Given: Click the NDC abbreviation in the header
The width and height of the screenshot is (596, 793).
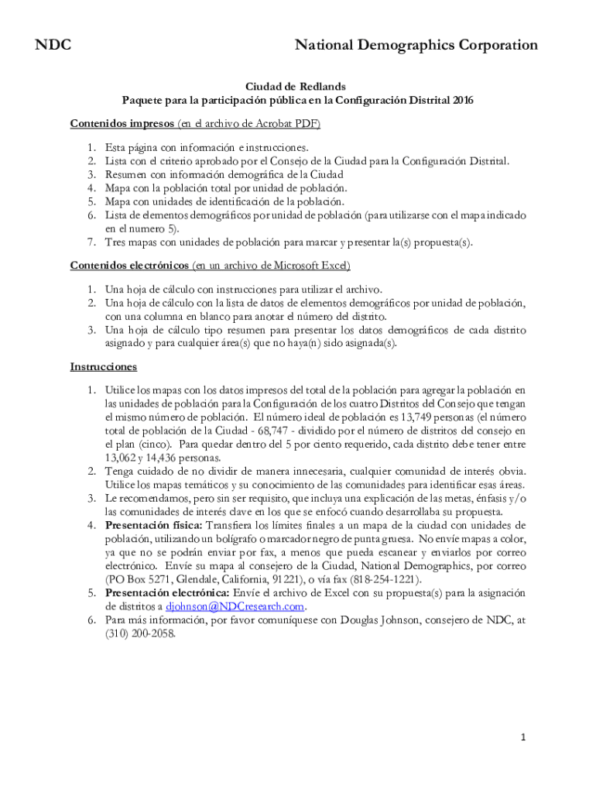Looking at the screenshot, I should click(53, 46).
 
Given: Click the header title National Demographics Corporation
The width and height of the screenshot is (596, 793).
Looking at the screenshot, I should click(416, 46).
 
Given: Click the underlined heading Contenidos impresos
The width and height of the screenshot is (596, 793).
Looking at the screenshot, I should click(122, 123).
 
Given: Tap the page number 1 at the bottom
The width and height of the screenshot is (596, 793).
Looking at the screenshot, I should click(523, 738).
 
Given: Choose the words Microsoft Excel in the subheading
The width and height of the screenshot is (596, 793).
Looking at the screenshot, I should click(311, 266).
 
